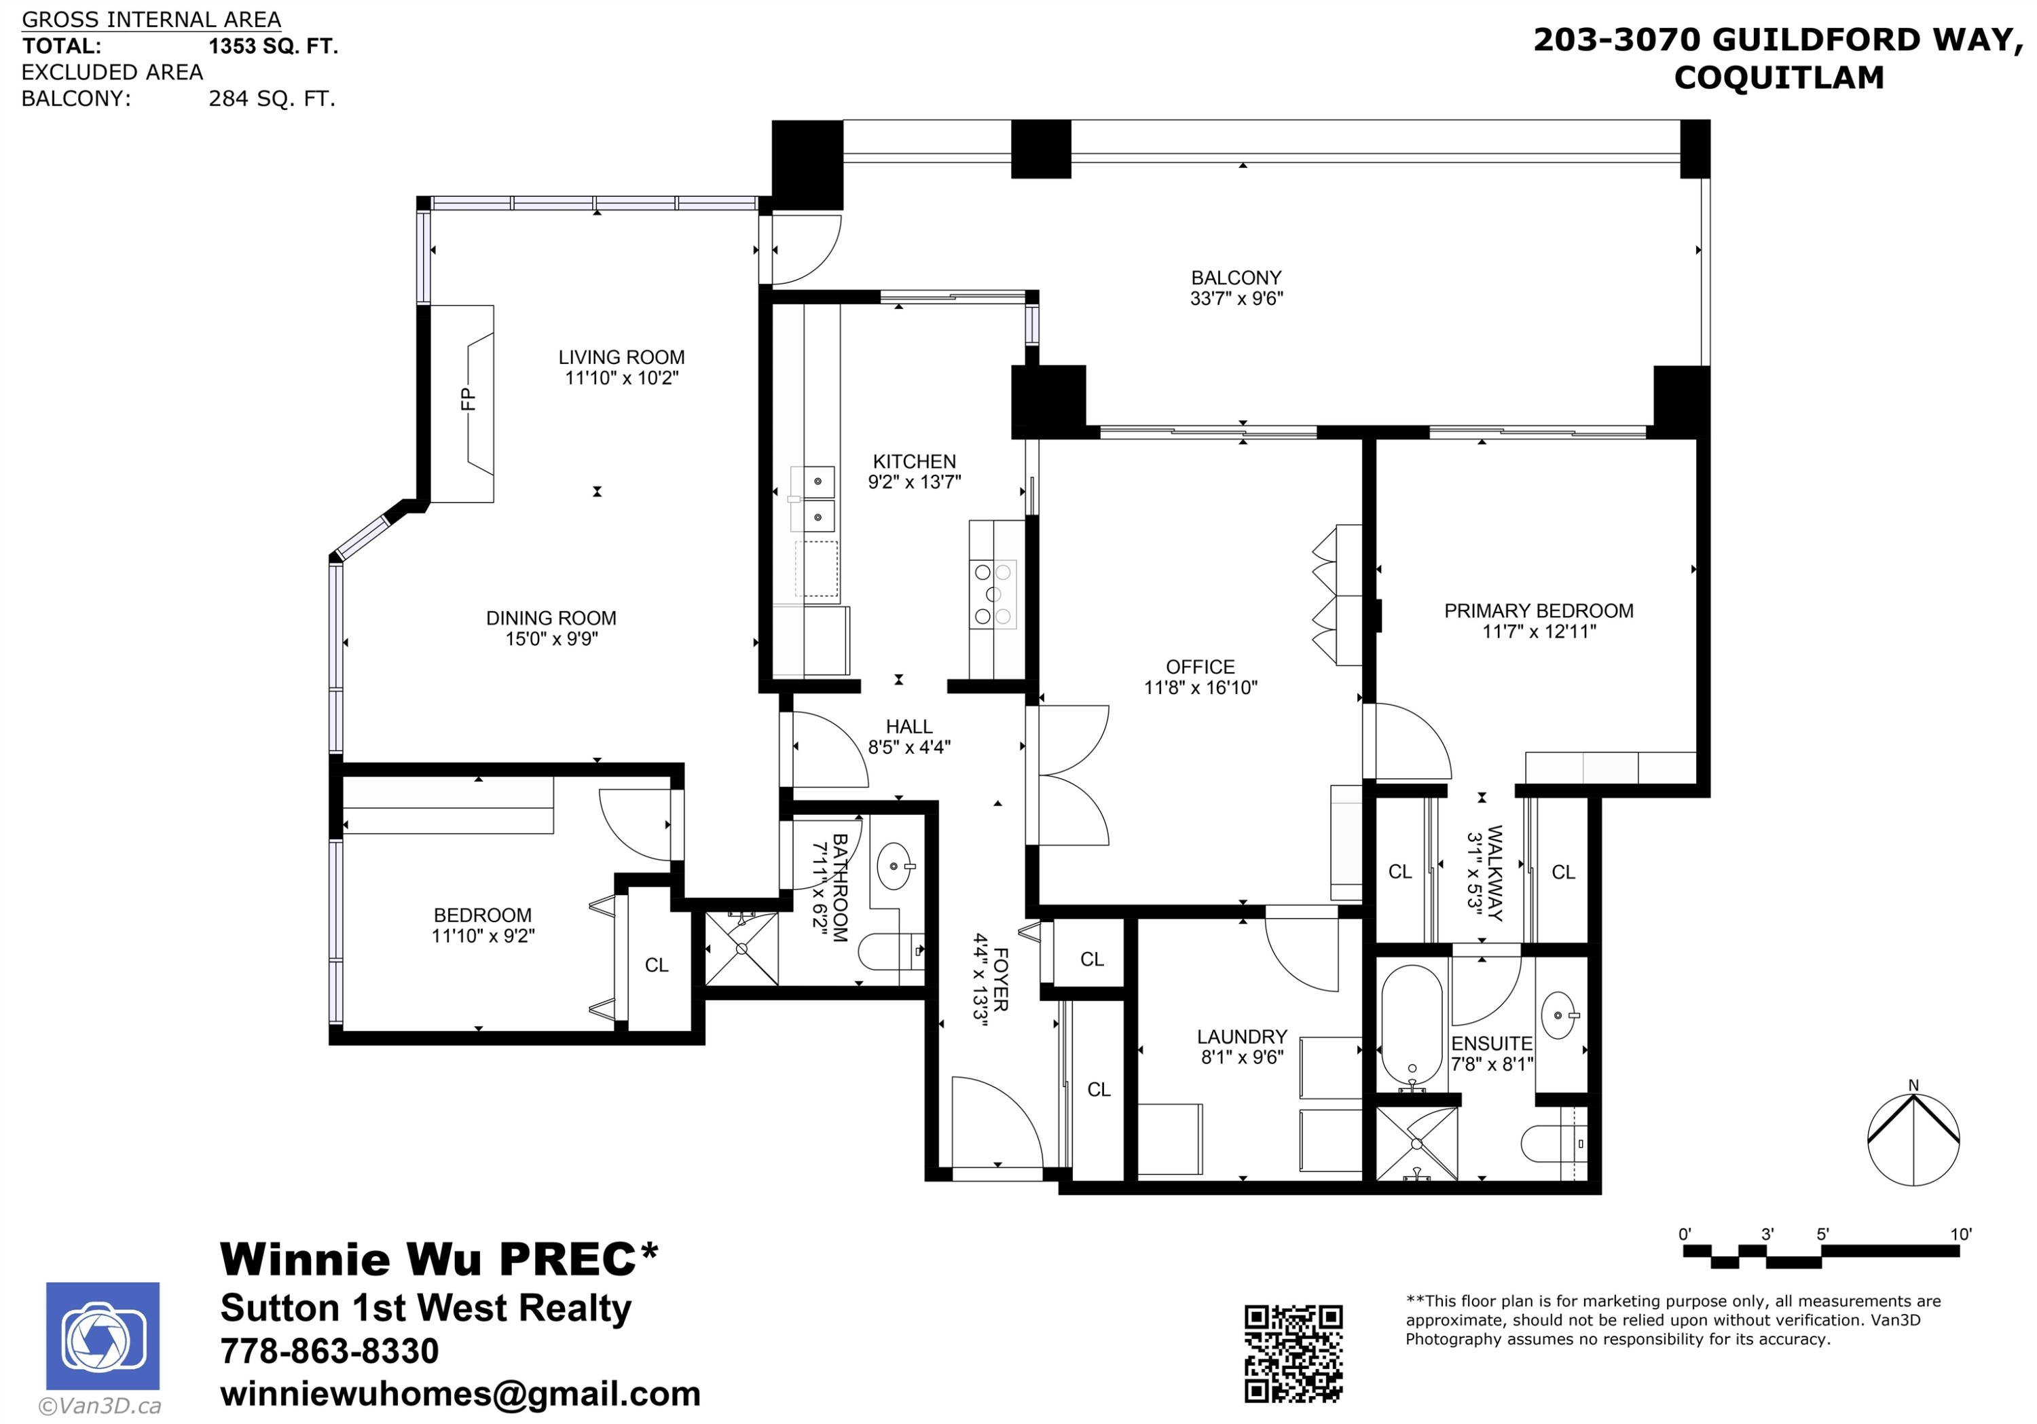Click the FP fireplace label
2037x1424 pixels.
[x=468, y=399]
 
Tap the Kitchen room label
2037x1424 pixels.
[x=914, y=461]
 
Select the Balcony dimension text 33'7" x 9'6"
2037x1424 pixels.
[x=1236, y=299]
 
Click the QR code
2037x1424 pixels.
[x=1293, y=1353]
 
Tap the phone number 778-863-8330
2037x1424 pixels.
[x=329, y=1351]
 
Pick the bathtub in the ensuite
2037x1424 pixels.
[x=1412, y=1025]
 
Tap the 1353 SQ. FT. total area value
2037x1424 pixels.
[x=273, y=46]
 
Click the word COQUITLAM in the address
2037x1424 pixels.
[x=1779, y=77]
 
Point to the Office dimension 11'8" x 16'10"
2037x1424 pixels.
[x=1200, y=687]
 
